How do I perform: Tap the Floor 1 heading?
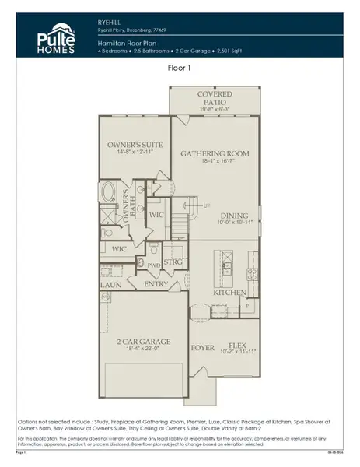click(x=180, y=68)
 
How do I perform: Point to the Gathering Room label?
click(x=215, y=154)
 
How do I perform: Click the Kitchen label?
click(x=230, y=293)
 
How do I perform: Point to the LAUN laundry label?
click(x=110, y=286)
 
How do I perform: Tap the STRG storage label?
click(x=173, y=263)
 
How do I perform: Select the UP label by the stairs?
click(x=206, y=205)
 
